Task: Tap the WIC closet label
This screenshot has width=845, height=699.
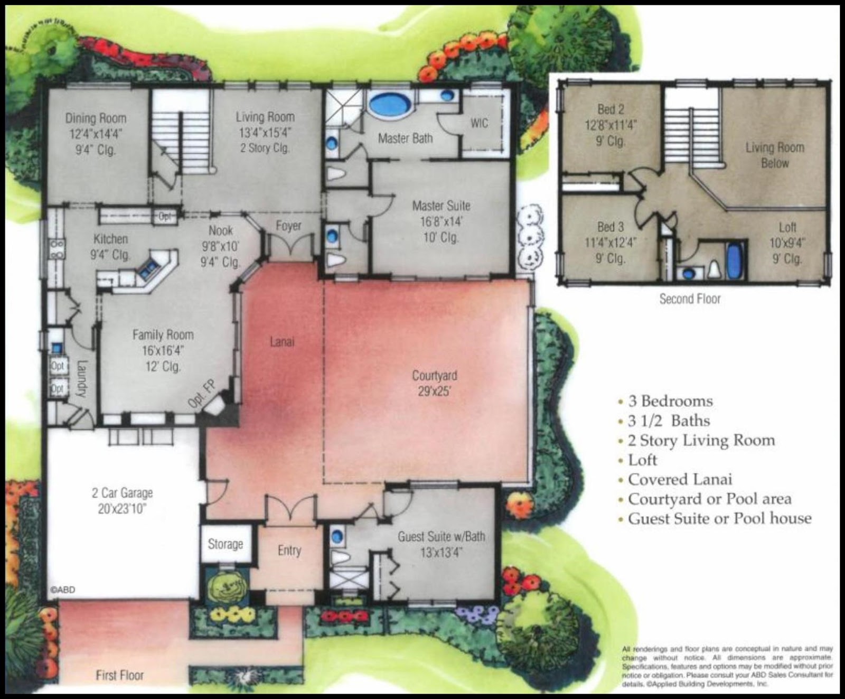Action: [479, 123]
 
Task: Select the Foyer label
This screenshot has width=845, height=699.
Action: [288, 226]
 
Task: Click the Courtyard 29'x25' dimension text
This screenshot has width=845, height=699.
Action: [434, 392]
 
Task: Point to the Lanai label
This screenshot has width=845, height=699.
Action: [282, 342]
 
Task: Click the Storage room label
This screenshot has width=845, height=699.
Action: [226, 544]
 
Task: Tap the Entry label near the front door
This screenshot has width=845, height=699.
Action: [289, 551]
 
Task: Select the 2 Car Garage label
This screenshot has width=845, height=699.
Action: [122, 493]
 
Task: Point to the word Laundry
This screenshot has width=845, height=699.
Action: [81, 378]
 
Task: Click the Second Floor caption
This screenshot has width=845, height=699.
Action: [690, 299]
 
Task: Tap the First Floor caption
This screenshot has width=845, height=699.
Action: [119, 675]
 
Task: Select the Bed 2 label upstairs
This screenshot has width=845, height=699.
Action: [611, 109]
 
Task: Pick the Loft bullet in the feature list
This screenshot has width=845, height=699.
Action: [643, 460]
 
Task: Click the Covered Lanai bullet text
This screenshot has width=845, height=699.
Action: [680, 480]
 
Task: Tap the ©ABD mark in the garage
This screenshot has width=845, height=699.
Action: [62, 590]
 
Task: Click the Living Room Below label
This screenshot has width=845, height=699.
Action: [774, 155]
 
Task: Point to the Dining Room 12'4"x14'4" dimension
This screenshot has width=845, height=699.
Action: [96, 134]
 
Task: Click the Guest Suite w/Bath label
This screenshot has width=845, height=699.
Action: [441, 537]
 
